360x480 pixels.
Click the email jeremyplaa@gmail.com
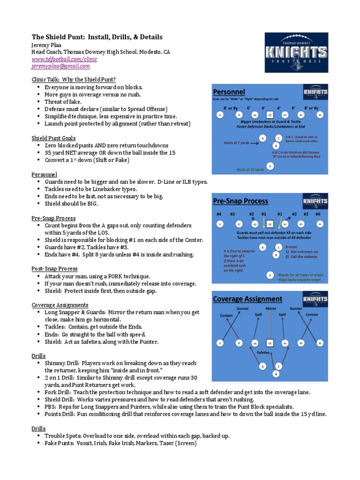(x=60, y=66)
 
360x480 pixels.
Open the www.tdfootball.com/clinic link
(x=64, y=60)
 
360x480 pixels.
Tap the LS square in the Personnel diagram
(x=270, y=114)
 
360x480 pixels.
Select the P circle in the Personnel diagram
(x=270, y=166)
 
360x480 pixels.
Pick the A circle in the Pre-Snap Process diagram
(x=263, y=247)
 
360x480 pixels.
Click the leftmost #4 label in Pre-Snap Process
(x=218, y=214)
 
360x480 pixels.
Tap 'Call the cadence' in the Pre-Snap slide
(x=300, y=257)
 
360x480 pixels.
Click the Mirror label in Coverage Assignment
(x=271, y=309)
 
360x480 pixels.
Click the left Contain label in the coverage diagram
(x=226, y=315)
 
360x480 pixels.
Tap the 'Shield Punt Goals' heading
(x=53, y=138)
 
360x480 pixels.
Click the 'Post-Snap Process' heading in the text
(x=54, y=269)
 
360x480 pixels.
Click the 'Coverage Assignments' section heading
(x=60, y=305)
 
